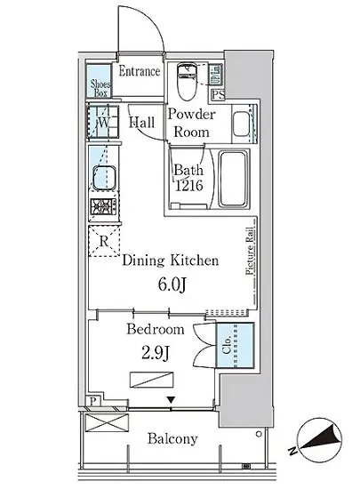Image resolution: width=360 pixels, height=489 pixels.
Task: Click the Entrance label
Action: coord(140,71)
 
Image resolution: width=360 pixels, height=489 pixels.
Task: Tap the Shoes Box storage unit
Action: coord(99,81)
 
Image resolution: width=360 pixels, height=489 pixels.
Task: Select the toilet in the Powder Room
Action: coord(187,81)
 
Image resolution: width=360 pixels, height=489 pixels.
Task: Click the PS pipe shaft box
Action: coord(218,94)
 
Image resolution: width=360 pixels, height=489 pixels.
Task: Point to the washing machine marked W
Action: coord(103,122)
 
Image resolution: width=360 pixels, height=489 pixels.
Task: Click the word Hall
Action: coord(142,123)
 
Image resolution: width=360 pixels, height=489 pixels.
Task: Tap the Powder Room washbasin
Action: coord(241,124)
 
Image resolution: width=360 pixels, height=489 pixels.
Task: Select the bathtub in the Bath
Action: coord(233,179)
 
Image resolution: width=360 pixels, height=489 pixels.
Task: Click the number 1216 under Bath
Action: coord(189,186)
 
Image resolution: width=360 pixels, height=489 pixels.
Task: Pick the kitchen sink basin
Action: coord(105,178)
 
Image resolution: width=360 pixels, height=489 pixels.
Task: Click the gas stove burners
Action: coord(104,207)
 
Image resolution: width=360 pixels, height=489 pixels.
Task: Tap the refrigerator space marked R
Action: coord(104,241)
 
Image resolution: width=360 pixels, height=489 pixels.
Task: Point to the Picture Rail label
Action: coord(250,251)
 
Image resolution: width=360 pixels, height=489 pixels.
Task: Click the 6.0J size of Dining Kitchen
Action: coord(172,285)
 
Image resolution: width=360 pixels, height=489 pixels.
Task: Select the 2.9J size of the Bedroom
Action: coord(156,353)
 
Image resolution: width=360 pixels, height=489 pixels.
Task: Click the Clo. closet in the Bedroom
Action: coord(236,345)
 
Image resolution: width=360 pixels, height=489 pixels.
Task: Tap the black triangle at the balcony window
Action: coord(171,400)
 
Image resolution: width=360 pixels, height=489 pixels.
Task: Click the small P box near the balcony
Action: coord(92,401)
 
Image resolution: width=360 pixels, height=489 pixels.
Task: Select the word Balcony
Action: coord(172,439)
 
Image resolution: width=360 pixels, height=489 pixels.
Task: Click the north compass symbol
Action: coord(318,440)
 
